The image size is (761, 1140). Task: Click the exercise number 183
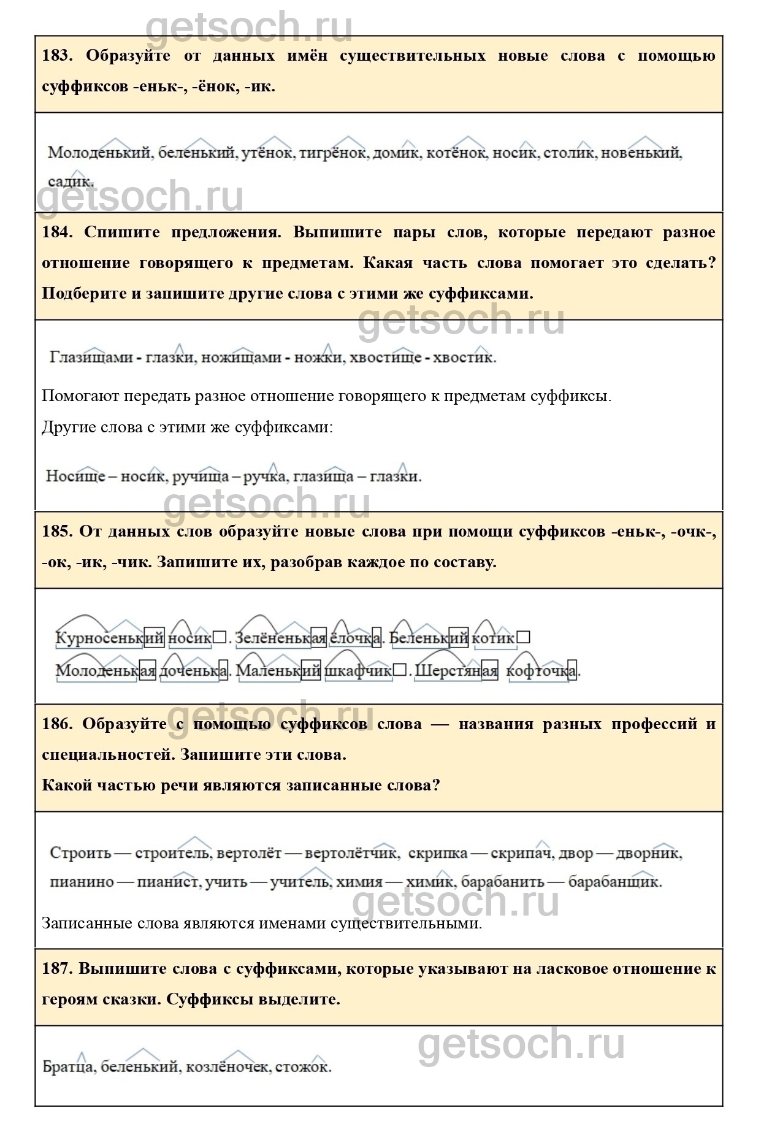[x=57, y=56]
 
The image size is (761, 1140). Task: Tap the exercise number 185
[x=57, y=532]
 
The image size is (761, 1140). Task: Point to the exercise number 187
[x=57, y=969]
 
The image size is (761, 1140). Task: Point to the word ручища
[x=201, y=476]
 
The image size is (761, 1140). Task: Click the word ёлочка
[x=356, y=638]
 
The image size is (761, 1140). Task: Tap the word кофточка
[x=542, y=671]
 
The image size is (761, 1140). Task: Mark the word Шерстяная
[x=456, y=671]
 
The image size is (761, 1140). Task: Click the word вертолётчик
[x=351, y=853]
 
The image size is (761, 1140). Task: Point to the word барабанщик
[x=614, y=882]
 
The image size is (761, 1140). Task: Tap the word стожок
[x=303, y=1066]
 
